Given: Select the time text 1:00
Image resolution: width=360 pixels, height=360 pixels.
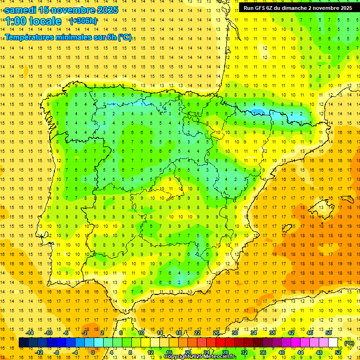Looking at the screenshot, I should (x=15, y=21).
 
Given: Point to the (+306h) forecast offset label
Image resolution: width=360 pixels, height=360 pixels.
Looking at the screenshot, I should (x=83, y=21).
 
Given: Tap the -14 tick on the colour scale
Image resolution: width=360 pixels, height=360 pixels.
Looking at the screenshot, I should (x=30, y=333).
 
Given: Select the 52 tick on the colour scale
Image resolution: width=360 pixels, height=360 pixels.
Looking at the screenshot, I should (x=338, y=352).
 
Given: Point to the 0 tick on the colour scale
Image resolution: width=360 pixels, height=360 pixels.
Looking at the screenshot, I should (x=92, y=352).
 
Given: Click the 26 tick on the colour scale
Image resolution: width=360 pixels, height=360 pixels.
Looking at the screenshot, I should (x=216, y=333).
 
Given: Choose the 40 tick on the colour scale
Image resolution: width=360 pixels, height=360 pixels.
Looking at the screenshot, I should (x=282, y=352).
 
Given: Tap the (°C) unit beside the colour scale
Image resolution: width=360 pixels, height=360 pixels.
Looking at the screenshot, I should (x=349, y=343).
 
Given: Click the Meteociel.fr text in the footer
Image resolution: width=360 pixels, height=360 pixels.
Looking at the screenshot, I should (x=221, y=357).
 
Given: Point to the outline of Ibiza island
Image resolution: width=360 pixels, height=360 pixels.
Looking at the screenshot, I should (x=288, y=229).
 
